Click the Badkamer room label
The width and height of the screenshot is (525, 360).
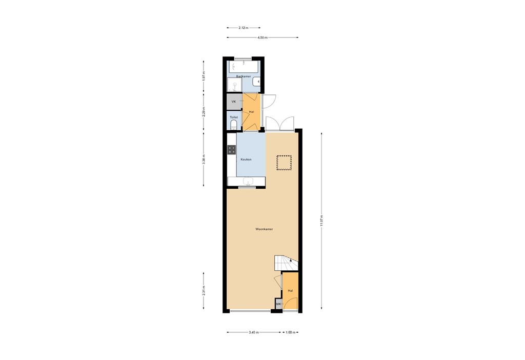tap(243, 76)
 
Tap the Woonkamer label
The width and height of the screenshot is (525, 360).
tap(264, 229)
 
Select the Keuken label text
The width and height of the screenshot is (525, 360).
tap(246, 159)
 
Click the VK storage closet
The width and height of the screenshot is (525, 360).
tap(234, 102)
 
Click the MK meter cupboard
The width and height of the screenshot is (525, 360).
tap(278, 305)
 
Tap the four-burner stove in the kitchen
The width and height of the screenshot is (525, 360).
tap(232, 150)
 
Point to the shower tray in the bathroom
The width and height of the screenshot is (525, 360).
tap(234, 85)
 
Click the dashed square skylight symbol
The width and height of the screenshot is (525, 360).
tap(284, 163)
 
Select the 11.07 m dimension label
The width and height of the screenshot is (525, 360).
tap(321, 221)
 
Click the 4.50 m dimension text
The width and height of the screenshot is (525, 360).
tap(262, 37)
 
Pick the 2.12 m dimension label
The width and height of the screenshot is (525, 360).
tap(244, 28)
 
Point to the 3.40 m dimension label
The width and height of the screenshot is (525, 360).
tap(254, 332)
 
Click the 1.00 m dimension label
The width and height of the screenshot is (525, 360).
tap(290, 332)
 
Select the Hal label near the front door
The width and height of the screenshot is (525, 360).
tap(290, 291)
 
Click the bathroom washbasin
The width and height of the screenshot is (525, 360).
tap(258, 82)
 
